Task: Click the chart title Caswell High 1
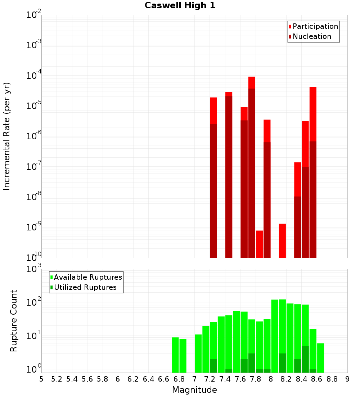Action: coord(180,6)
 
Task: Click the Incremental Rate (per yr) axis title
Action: coord(6,136)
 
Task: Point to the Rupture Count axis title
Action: coord(14,321)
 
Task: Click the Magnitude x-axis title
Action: coord(194,390)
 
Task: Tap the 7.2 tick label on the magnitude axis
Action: coord(210,379)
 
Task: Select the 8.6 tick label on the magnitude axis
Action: coord(317,379)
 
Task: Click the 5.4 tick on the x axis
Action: coord(72,379)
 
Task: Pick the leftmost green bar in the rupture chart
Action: coord(175,355)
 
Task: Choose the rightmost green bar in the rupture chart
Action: coord(320,358)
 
